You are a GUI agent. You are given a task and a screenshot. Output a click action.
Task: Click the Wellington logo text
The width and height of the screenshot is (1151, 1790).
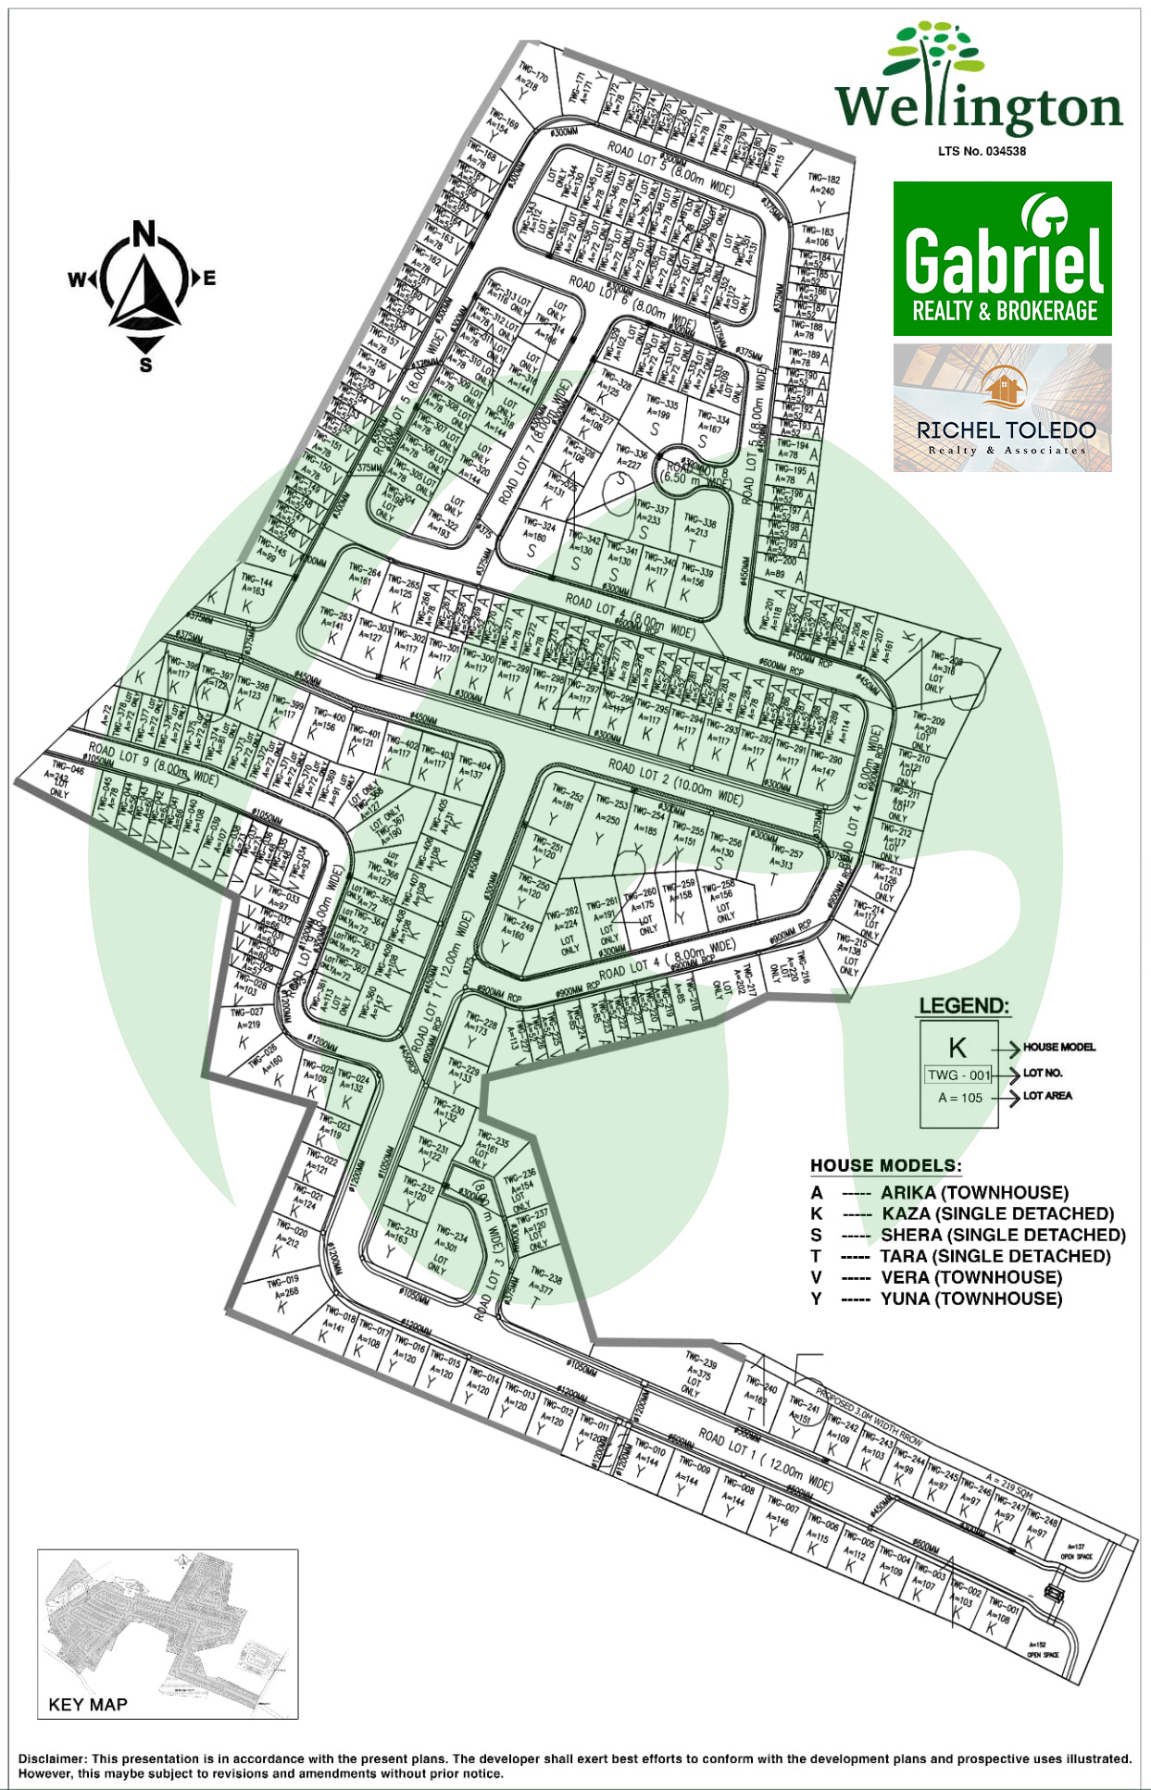(x=979, y=106)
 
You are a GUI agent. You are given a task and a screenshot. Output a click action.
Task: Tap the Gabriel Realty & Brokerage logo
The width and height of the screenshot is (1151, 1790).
(x=1002, y=259)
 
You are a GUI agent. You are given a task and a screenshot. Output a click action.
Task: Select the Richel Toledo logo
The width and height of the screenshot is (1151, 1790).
(x=1002, y=408)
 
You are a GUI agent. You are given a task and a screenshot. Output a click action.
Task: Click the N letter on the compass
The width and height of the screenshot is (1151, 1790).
(x=144, y=233)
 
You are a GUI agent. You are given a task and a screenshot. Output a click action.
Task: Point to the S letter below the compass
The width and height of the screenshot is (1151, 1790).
(x=145, y=365)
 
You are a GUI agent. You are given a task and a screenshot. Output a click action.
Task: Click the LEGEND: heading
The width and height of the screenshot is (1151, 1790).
(x=963, y=1006)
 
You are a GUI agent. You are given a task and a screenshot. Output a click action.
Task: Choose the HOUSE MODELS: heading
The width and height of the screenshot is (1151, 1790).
(x=885, y=1165)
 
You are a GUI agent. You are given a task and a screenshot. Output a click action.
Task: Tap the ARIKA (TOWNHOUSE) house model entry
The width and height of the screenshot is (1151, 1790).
(x=974, y=1192)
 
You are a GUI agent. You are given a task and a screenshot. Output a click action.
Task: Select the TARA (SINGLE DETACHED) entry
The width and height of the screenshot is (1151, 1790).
(x=995, y=1256)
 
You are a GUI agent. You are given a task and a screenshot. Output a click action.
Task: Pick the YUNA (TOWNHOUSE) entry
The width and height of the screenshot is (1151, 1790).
(x=970, y=1299)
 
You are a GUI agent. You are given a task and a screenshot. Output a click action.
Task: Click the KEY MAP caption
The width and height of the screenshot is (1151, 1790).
(x=88, y=1704)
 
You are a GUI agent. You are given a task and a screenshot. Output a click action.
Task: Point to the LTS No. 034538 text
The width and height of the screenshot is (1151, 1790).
(x=982, y=151)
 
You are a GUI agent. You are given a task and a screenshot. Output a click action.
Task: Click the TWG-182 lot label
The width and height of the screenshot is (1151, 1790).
(x=823, y=179)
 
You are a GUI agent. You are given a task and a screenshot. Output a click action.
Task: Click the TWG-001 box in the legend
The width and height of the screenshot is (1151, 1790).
(x=958, y=1075)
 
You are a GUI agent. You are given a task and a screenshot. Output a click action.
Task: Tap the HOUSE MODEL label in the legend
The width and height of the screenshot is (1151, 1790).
(x=1058, y=1047)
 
